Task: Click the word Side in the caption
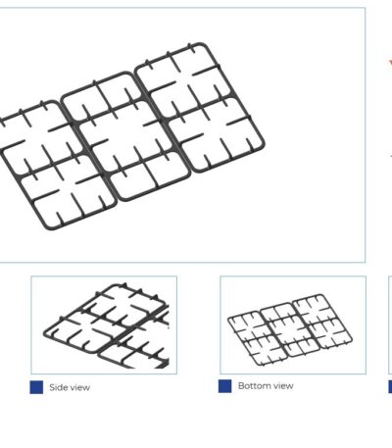click(x=56, y=387)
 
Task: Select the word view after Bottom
click(x=283, y=386)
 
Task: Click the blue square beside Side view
click(x=36, y=387)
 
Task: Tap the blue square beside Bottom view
click(x=225, y=386)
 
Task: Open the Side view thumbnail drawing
click(x=104, y=324)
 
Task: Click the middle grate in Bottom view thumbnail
click(x=276, y=321)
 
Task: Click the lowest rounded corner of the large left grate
click(x=51, y=228)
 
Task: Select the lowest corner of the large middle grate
click(x=123, y=200)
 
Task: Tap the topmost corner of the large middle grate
click(x=125, y=73)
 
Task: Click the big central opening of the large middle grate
click(x=125, y=135)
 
